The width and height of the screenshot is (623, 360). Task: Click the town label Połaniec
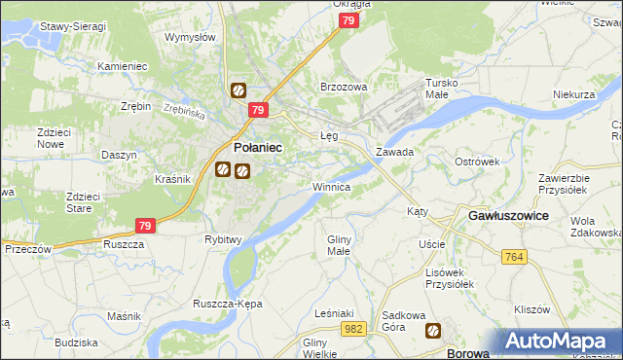[x=258, y=147]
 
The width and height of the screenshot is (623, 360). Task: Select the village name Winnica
[x=332, y=186]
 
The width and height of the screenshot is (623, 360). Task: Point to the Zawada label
[x=395, y=153]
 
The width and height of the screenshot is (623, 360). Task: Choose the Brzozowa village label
[x=344, y=87]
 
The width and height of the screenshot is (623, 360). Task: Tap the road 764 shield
[x=516, y=256]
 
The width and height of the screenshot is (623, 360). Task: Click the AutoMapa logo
[x=559, y=342]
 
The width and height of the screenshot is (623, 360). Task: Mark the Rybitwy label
[x=223, y=238]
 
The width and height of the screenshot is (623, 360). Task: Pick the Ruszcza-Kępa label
[x=228, y=304]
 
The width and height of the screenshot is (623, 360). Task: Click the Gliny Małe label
[x=339, y=244]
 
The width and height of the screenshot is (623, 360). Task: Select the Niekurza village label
[x=573, y=94]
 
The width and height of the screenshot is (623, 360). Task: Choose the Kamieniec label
[x=122, y=66]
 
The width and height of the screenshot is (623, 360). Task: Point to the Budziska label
[x=76, y=342]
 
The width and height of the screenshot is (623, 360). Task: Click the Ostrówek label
[x=476, y=161]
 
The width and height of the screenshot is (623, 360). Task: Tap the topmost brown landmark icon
[x=238, y=91]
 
